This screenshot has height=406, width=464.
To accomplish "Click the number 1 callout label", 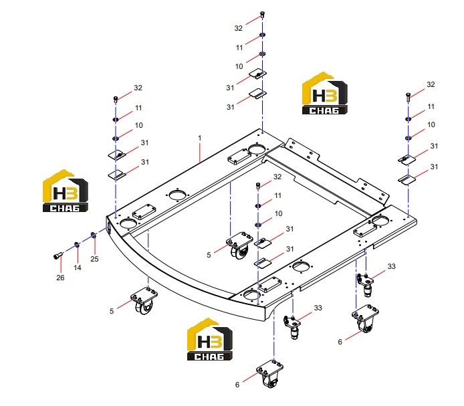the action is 200,138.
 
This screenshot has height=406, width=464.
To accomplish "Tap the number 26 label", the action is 60,278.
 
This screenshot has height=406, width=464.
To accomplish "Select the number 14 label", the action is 78,268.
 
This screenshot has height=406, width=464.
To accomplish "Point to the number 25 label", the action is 94,259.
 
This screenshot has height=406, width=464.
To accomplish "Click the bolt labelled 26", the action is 58,256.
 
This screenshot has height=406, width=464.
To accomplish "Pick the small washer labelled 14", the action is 77,245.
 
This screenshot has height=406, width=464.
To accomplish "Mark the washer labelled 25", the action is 93,235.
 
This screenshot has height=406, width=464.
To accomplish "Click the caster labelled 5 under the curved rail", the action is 144,300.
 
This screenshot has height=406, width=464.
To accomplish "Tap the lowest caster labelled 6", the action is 269,373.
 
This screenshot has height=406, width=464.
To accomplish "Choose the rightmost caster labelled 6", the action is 365,318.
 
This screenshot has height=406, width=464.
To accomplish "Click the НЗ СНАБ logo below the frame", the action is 210,339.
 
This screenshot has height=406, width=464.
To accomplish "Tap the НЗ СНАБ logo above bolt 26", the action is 66,191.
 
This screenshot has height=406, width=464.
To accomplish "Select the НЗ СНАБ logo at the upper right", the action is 325,93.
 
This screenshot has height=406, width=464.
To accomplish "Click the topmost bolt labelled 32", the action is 262,14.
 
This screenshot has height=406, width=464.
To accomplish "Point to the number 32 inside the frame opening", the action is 277,177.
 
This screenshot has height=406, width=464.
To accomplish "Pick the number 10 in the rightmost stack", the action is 431,124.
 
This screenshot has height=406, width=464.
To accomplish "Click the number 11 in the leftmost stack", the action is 138,108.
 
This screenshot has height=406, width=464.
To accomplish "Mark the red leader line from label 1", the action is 200,153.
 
